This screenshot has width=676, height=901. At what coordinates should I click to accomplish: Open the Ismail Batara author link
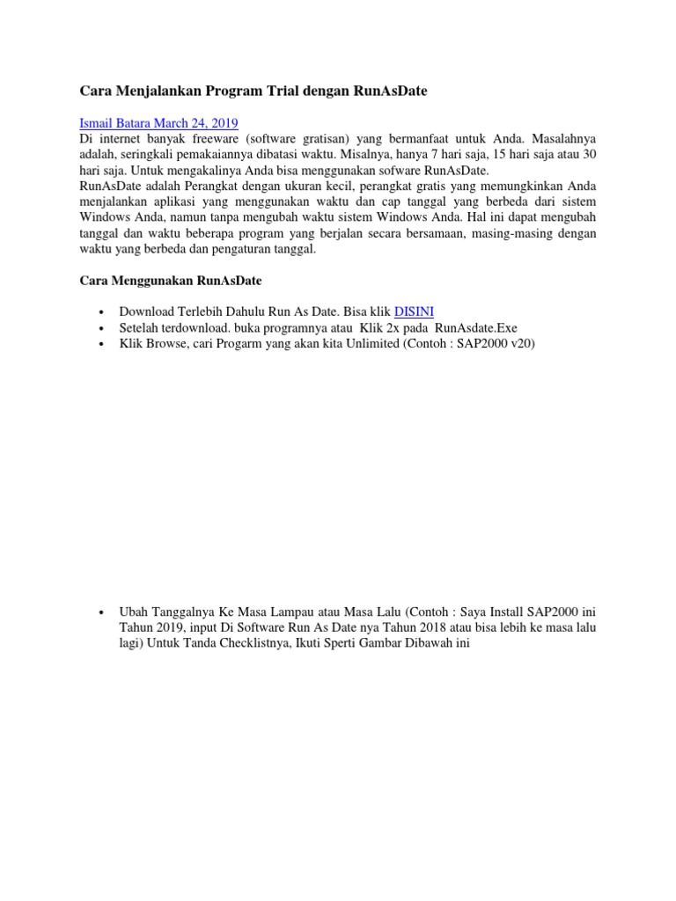pyautogui.click(x=116, y=123)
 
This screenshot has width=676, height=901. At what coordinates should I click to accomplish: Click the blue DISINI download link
pyautogui.click(x=414, y=311)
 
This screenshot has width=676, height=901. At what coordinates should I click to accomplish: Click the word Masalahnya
pyautogui.click(x=558, y=139)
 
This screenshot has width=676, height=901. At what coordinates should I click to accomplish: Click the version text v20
pyautogui.click(x=521, y=343)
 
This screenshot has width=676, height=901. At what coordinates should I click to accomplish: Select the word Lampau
pyautogui.click(x=288, y=611)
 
